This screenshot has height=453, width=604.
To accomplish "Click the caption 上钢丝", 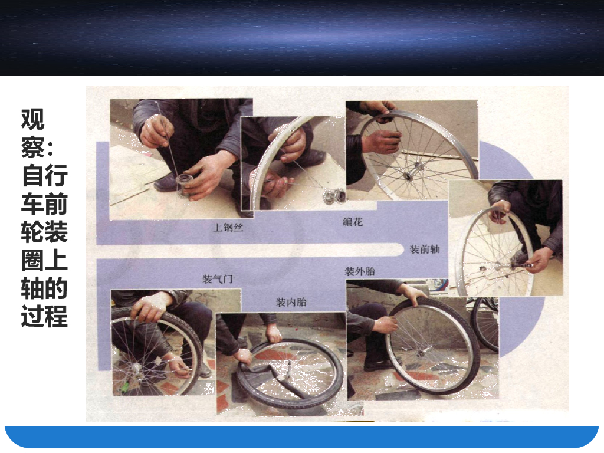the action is click(x=228, y=227).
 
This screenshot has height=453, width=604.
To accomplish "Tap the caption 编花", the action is click(x=353, y=222).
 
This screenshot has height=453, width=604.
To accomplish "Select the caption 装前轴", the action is click(x=425, y=250).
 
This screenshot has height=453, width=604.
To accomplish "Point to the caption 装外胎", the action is click(x=360, y=271).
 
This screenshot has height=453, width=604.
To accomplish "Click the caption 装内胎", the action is click(x=291, y=303).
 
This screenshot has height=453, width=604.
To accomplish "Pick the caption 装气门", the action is click(x=218, y=278).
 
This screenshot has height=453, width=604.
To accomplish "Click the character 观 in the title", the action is click(x=33, y=119).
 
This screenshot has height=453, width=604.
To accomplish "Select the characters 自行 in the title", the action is click(x=45, y=175).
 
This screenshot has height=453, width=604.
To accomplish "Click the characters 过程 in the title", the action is click(x=45, y=316).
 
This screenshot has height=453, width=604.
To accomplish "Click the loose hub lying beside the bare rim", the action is click(x=334, y=196).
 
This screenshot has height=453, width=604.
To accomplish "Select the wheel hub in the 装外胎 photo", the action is click(x=420, y=352).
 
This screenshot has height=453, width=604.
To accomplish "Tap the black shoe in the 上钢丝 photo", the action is click(x=166, y=182).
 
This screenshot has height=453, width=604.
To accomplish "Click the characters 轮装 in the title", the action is click(x=45, y=231).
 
